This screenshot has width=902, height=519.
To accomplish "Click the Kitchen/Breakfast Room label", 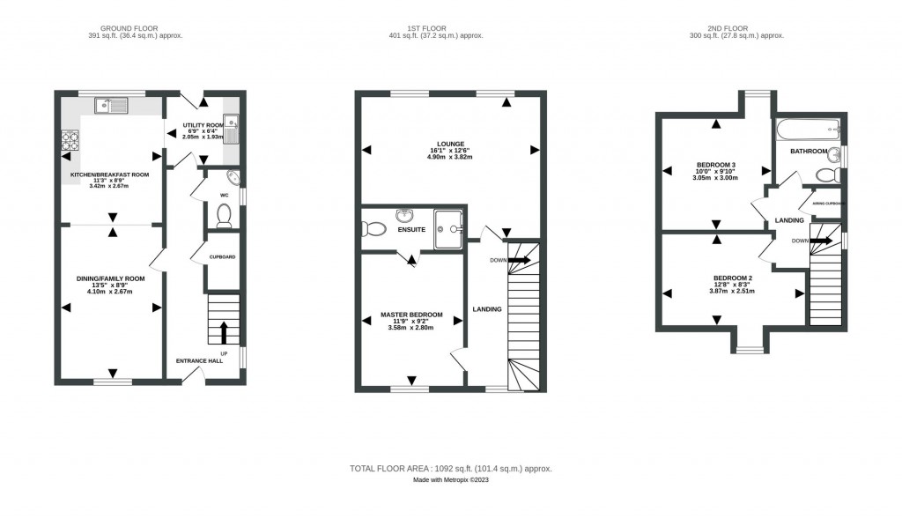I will pos(110,174).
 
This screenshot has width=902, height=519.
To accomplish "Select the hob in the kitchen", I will pos(69,139).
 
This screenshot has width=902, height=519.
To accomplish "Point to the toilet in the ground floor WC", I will pos(224,215).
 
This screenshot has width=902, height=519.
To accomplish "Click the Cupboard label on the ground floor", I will pos(222,257).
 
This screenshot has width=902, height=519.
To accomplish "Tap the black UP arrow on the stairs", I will pos(223,332).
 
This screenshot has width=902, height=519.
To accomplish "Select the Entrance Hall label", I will pos(198,361).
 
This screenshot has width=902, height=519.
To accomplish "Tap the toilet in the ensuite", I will pos(373,229).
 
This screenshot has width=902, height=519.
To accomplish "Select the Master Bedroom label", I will pos(411,315).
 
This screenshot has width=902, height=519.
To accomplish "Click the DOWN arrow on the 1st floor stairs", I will pos(518,260).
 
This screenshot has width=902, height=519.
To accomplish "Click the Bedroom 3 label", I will pos(714,166).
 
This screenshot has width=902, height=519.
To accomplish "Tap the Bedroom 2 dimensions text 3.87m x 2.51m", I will pos(732,291).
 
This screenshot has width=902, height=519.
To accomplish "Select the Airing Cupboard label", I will pos(829,204).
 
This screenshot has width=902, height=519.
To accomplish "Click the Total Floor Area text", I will pos(450,469).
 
